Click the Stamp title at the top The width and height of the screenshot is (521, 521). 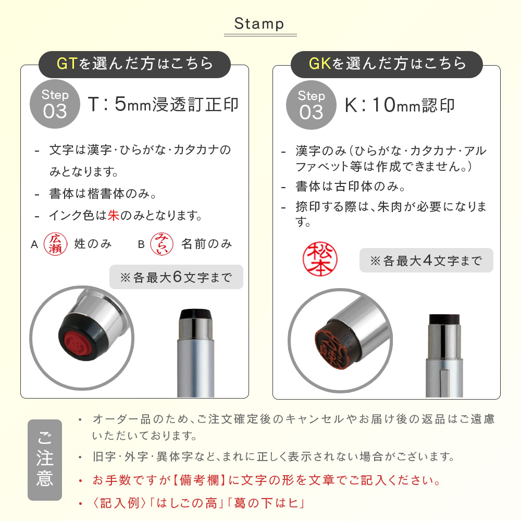259,24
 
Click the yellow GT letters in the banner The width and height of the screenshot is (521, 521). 67,64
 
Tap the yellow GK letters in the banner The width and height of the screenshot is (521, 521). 320,64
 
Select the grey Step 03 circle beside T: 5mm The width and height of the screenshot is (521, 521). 55,104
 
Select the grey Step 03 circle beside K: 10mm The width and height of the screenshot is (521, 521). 311,105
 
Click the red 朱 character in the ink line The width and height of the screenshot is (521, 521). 113,216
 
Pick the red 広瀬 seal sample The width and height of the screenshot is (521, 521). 56,244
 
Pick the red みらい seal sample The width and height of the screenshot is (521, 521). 162,244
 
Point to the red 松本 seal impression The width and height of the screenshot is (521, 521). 320,259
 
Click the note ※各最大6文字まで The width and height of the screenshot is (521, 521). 176,277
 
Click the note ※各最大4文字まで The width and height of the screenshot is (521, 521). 426,260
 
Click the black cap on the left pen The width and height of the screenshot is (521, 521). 196,314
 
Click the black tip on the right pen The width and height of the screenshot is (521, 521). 444,319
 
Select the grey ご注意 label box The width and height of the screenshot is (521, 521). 45,460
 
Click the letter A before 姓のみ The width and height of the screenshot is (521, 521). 34,244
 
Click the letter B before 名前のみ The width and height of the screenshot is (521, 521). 141,244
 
